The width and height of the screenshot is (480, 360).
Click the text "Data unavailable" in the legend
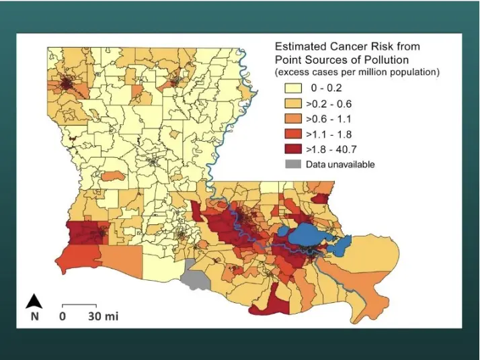click(340, 164)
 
